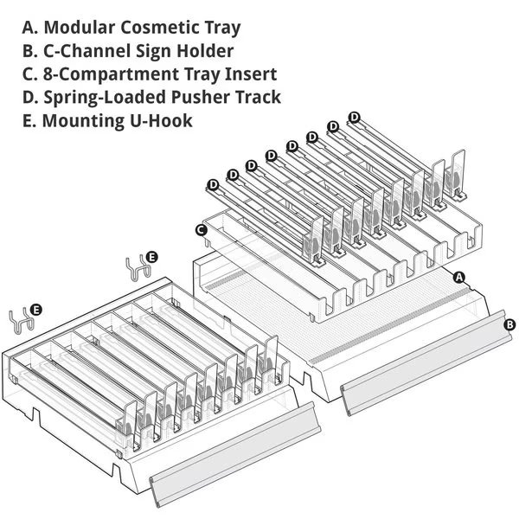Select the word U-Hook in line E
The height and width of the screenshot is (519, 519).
pos(163,120)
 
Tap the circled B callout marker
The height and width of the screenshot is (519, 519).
pos(509,324)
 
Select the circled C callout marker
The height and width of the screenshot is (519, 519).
pos(201,230)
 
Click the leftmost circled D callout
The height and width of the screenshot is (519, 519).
pos(213,183)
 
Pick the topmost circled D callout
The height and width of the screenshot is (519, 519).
pos(355,117)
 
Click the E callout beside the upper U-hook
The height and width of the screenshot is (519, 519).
pos(152,257)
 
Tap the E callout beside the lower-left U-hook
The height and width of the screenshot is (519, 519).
pos(36,309)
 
